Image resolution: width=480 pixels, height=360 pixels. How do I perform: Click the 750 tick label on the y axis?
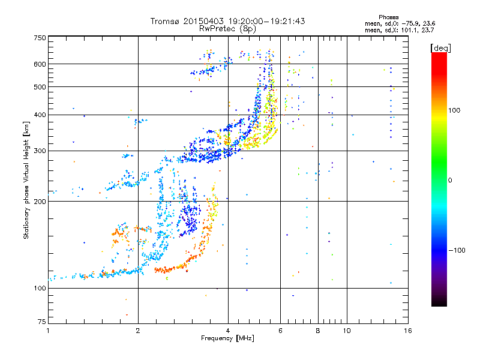coord(40,38)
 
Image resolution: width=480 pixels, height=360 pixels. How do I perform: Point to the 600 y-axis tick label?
coord(40,64)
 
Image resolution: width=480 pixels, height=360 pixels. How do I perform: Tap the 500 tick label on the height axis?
coord(40,86)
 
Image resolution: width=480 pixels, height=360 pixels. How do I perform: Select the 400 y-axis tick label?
coord(40,115)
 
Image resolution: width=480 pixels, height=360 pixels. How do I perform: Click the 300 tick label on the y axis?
coord(40,151)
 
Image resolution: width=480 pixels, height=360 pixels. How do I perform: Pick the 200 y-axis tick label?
coord(40,201)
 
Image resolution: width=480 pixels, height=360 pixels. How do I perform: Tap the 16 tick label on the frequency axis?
coord(407,331)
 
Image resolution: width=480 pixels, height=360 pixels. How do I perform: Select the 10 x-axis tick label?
coord(347,331)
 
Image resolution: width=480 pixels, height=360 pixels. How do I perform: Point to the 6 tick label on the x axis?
coord(281,331)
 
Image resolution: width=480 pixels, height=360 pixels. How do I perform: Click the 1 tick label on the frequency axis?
coord(49,331)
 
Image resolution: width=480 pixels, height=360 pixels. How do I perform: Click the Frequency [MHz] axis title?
coord(227,339)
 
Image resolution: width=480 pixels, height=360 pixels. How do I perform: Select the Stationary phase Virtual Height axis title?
coord(26,180)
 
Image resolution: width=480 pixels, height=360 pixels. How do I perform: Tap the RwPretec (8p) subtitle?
coord(227,28)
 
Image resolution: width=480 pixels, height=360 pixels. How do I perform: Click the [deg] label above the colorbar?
coord(441,47)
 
